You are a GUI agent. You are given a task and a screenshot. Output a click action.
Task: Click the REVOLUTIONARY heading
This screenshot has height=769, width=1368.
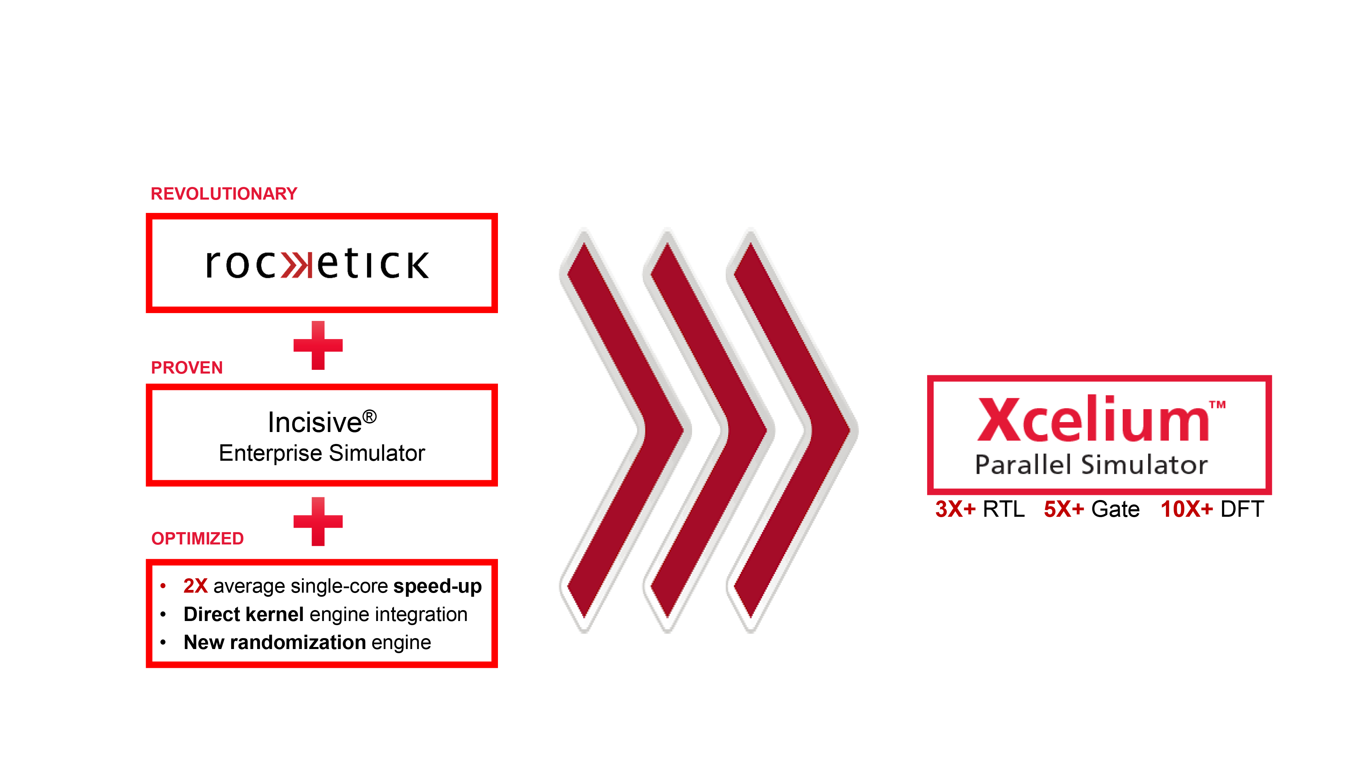[x=224, y=194]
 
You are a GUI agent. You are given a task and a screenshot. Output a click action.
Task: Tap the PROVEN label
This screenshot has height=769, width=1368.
[x=187, y=367]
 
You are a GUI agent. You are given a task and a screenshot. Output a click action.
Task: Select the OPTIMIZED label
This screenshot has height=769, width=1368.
[x=198, y=538]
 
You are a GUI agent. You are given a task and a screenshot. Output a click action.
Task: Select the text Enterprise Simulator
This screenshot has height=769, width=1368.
[x=322, y=453]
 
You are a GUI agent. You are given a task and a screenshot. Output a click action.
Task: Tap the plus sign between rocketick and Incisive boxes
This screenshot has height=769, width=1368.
[x=318, y=346]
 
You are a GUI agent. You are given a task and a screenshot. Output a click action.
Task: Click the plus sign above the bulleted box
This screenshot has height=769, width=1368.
[x=318, y=521]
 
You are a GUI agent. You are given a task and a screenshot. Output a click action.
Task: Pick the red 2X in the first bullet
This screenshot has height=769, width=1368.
[x=195, y=586]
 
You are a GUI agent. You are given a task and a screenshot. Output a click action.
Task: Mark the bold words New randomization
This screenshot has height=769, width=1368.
[x=275, y=642]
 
